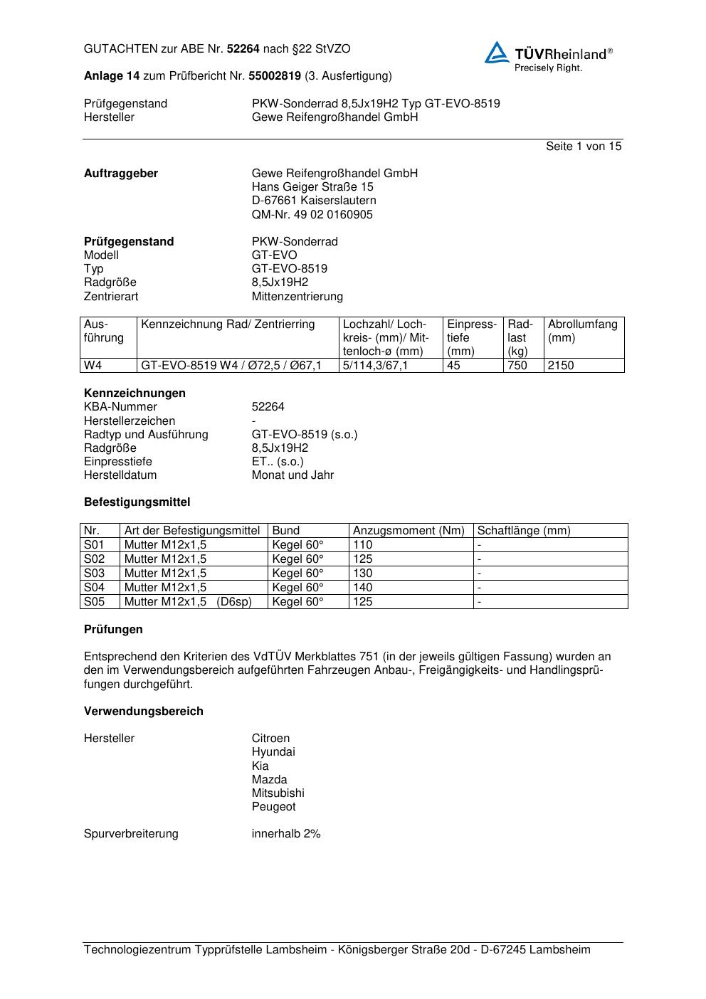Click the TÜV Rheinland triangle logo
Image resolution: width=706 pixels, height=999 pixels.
coord(497,53)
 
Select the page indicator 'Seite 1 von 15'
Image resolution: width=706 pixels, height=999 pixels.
coord(583,147)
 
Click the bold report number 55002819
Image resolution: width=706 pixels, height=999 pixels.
coord(275,76)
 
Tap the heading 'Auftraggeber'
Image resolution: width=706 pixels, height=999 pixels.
coord(121,174)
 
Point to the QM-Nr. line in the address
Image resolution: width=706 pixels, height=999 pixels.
coord(312,215)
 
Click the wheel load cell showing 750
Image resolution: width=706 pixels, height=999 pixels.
coord(517,366)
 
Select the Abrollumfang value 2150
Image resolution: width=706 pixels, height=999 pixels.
coord(561,366)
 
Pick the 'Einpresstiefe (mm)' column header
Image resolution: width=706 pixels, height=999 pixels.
coord(471,338)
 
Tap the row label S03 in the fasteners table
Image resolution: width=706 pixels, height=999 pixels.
coord(95,573)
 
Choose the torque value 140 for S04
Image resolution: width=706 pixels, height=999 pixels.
coord(363,588)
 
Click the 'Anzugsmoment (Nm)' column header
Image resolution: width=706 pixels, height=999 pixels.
coord(409,531)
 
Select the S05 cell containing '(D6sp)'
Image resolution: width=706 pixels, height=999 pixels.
coord(189,602)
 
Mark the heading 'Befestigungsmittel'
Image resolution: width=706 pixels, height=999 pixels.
coord(137,502)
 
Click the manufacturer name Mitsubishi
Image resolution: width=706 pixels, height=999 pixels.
coord(278,793)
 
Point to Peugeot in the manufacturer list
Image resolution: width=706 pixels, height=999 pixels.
coord(273,807)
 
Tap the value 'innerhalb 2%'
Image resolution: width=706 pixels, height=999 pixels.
coord(286,834)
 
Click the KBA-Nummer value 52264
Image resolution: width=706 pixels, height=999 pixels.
coord(268,407)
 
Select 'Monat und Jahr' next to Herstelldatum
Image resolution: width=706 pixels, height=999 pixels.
coord(293,475)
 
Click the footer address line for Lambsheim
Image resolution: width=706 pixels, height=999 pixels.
coord(337,950)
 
